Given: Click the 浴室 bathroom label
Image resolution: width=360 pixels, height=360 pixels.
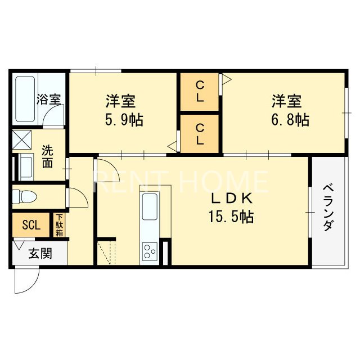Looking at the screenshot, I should (49, 100).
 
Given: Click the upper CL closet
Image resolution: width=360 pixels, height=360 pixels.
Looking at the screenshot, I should (200, 92).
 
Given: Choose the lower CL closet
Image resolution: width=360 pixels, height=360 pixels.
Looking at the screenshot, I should (200, 134).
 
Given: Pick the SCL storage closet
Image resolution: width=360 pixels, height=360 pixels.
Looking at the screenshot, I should (31, 226).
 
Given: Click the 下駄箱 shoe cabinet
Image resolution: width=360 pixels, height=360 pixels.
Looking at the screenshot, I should (59, 225).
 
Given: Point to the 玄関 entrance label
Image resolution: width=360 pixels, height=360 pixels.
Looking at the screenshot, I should (40, 253).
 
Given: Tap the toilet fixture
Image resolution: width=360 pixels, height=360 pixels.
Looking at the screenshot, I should (26, 196).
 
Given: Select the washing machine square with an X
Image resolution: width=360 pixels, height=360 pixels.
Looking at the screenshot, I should (22, 138).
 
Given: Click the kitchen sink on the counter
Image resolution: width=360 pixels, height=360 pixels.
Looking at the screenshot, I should (150, 206).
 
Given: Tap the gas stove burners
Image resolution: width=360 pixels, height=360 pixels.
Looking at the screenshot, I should (150, 250).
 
